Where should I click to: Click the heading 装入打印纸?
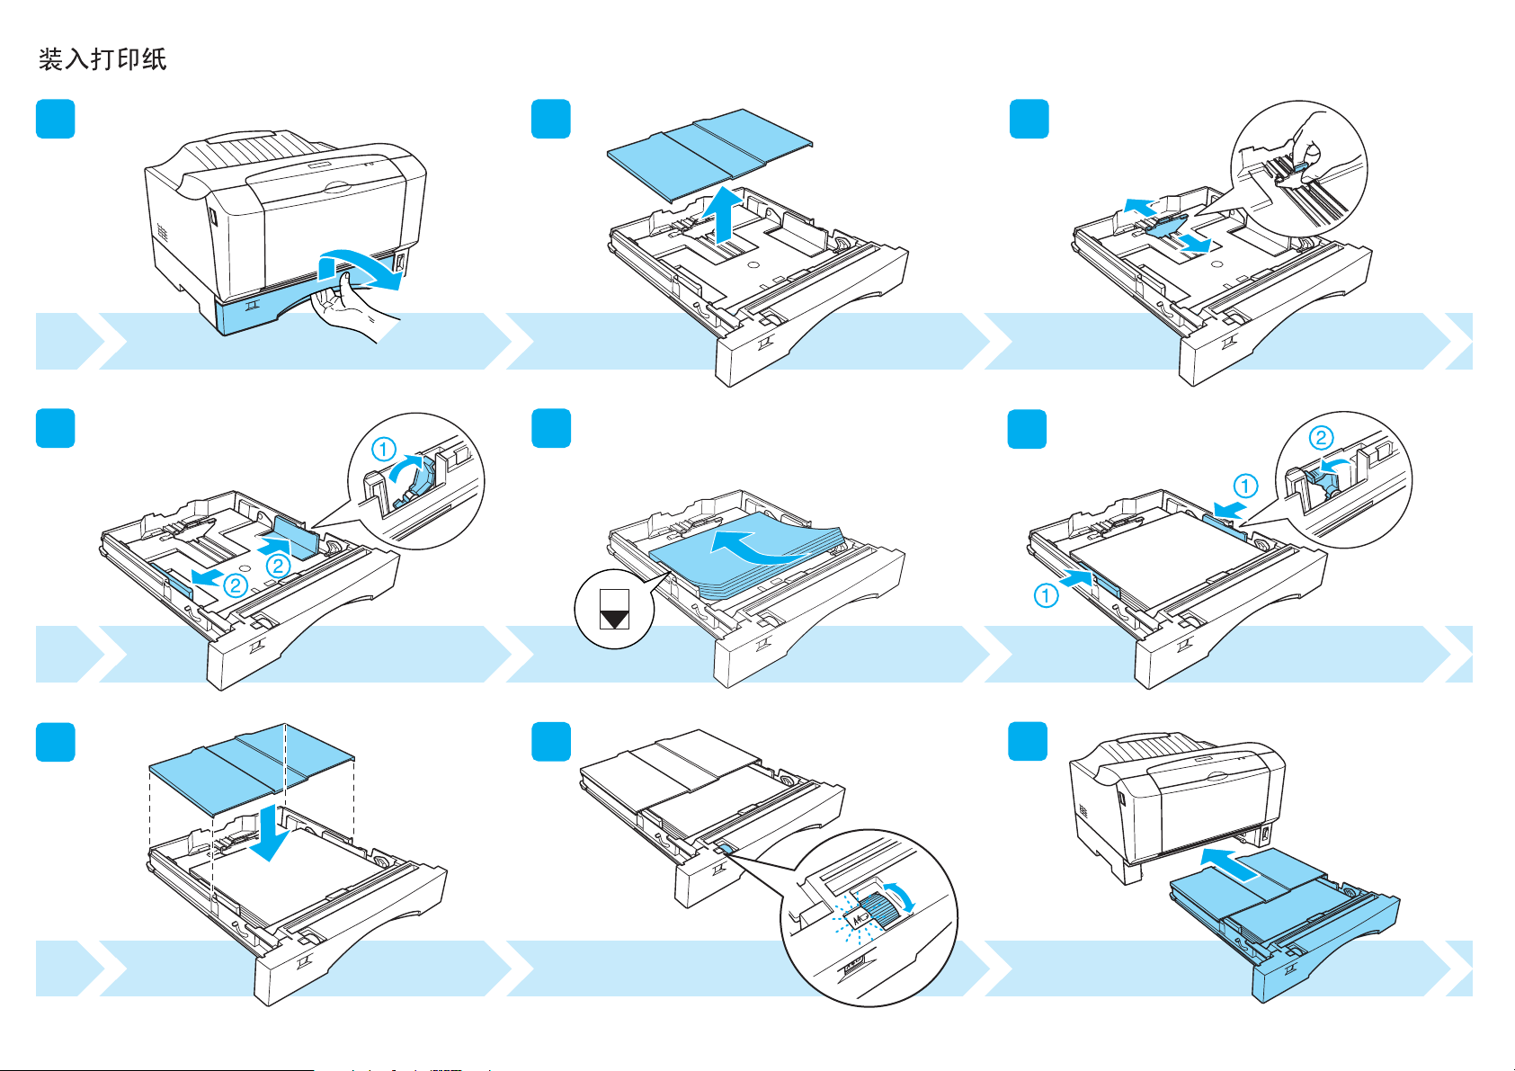coord(102,59)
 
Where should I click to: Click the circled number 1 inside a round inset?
coord(384,448)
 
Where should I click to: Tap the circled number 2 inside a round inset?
coord(1321,438)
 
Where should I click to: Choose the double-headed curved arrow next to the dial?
coord(905,897)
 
